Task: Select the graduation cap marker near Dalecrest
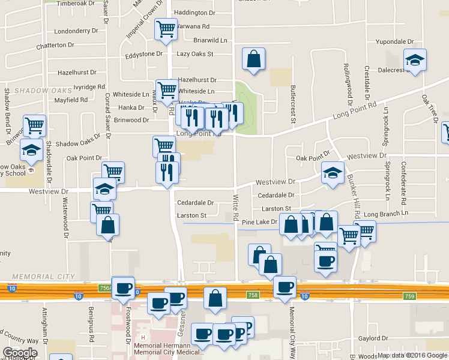(x=414, y=59)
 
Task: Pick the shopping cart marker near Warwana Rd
(x=166, y=28)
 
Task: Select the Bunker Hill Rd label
(x=357, y=201)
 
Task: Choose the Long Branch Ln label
(x=386, y=213)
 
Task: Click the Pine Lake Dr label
(x=259, y=222)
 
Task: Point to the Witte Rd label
(x=235, y=207)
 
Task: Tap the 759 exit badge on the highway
(x=409, y=296)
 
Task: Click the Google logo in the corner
(x=20, y=353)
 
